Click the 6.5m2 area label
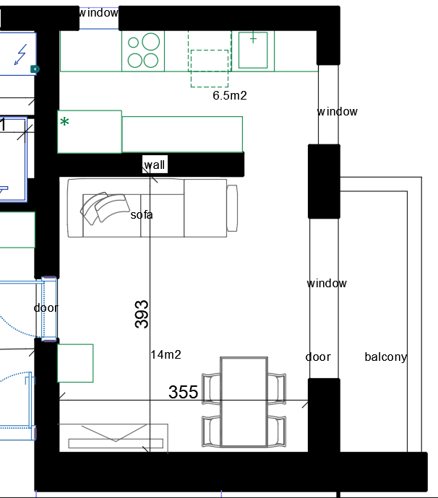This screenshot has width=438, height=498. [x=230, y=95]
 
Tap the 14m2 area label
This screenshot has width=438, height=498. [x=166, y=354]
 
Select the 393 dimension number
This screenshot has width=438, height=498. [x=142, y=314]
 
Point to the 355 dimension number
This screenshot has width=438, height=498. [x=183, y=392]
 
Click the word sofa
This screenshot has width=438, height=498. [x=142, y=214]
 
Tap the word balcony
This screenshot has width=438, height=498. [x=385, y=357]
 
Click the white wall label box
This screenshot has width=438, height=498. [x=155, y=165]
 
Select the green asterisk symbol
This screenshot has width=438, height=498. [x=64, y=122]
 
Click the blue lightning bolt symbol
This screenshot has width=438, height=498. [x=21, y=54]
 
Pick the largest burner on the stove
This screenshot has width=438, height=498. [x=151, y=42]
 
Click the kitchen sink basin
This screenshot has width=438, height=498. [x=253, y=50]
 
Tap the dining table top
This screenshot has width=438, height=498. [x=244, y=402]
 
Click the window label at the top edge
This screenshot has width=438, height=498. [x=98, y=13]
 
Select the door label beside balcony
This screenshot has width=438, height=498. [x=318, y=357]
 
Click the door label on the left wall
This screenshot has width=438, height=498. [x=46, y=307]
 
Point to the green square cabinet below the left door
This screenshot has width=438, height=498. [x=75, y=363]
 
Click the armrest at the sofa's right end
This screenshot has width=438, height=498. [x=232, y=208]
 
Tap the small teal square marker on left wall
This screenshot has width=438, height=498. [x=35, y=69]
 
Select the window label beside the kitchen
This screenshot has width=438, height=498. [x=337, y=111]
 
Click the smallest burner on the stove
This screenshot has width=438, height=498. [x=133, y=43]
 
